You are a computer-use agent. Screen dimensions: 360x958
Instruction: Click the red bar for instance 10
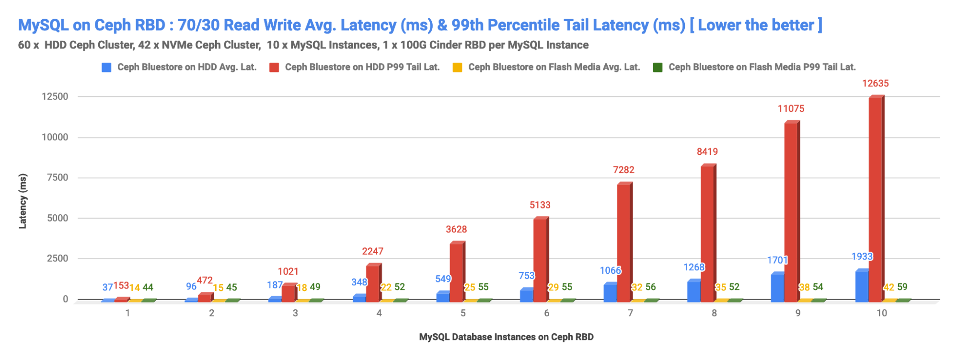pyautogui.click(x=876, y=199)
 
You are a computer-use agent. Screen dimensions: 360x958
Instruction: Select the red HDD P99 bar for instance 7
pyautogui.click(x=624, y=242)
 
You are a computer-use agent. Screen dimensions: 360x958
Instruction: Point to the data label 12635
pyautogui.click(x=875, y=83)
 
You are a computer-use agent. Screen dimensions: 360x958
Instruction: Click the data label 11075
pyautogui.click(x=791, y=109)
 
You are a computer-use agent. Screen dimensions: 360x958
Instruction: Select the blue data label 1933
pyautogui.click(x=862, y=256)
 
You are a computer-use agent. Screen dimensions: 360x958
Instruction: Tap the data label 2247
pyautogui.click(x=372, y=251)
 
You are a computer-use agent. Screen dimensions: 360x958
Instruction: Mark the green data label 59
pyautogui.click(x=902, y=287)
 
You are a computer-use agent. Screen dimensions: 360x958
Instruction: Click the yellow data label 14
pyautogui.click(x=135, y=288)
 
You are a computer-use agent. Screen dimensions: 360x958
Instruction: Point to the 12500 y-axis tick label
pyautogui.click(x=55, y=96)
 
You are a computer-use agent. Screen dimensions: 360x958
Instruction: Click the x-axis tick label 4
pyautogui.click(x=379, y=313)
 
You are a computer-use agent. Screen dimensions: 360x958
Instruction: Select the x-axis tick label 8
pyautogui.click(x=714, y=313)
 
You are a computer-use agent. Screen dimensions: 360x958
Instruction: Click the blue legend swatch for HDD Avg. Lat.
pyautogui.click(x=106, y=68)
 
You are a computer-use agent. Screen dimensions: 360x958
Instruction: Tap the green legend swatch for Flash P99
pyautogui.click(x=658, y=68)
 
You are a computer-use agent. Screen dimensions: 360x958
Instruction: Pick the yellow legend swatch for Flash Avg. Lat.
pyautogui.click(x=457, y=68)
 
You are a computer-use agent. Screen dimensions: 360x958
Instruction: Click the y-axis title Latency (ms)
pyautogui.click(x=23, y=201)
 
